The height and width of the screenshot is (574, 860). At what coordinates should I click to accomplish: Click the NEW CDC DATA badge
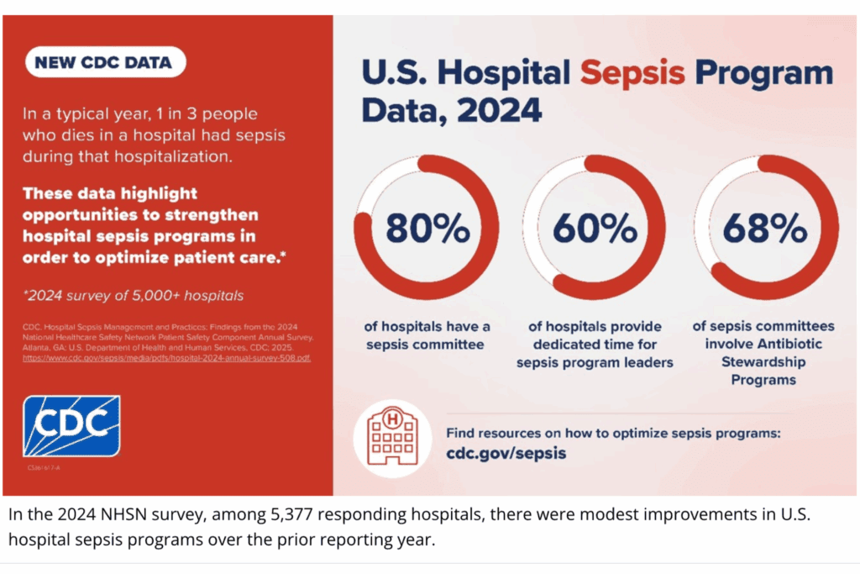pos(105,62)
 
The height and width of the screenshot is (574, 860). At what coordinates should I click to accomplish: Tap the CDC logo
pos(71,426)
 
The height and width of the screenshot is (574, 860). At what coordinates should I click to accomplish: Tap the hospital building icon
pos(391,437)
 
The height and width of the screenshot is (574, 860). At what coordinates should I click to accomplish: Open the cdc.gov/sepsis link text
pos(506,454)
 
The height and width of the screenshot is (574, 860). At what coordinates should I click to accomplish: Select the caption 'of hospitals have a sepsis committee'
pos(427,335)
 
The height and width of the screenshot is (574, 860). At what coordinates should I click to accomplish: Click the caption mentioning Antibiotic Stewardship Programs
pos(763,353)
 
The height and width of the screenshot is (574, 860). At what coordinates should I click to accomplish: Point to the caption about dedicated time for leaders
pos(595,345)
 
